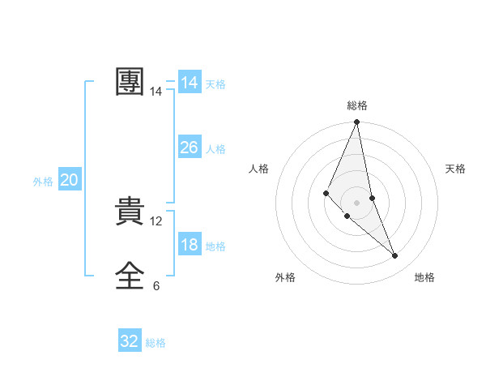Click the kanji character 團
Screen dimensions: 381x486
point(130,83)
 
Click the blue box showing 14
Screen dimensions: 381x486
point(189,83)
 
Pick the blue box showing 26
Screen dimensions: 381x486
point(189,148)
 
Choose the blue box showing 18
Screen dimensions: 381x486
point(189,245)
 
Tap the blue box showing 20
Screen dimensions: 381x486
point(69,180)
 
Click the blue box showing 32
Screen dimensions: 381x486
point(130,341)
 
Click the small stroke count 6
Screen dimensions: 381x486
point(156,285)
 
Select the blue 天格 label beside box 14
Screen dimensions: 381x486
point(215,84)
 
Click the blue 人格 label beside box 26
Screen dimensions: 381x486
point(215,149)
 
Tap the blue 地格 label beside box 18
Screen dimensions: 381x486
point(215,246)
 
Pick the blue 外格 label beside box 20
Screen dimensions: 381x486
point(43,182)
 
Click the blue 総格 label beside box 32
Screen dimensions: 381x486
point(156,343)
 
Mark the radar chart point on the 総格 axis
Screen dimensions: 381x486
point(356,122)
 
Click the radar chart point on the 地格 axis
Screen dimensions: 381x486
point(395,256)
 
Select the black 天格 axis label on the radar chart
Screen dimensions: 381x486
point(455,169)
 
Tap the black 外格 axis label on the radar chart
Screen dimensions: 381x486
point(285,277)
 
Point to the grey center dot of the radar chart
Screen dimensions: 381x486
point(356,202)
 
